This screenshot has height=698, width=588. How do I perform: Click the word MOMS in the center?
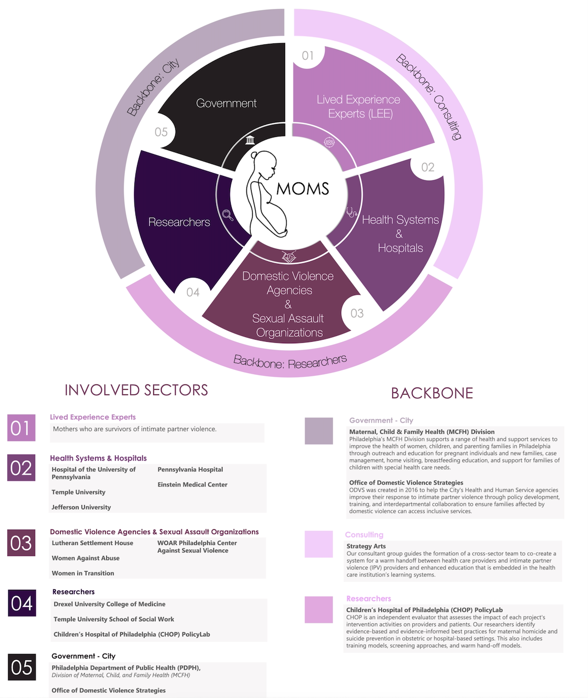pos(302,189)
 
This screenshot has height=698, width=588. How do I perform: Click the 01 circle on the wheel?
pos(308,56)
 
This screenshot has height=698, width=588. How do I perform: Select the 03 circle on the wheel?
pos(357,313)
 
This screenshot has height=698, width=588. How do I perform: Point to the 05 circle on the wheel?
pos(161,132)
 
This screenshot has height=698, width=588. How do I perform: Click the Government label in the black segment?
pos(226,103)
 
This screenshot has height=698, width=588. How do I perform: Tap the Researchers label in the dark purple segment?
pos(179,222)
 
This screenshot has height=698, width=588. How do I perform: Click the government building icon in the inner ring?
pos(250,140)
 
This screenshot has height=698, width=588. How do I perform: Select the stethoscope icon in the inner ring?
pos(352,212)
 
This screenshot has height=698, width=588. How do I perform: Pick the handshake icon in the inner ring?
pos(289,257)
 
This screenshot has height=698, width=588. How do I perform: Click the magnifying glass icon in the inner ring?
pos(228,215)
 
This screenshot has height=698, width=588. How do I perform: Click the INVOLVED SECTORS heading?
pos(136,390)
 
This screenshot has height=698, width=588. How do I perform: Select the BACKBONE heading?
pos(432,393)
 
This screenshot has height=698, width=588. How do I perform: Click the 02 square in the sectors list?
pos(21,468)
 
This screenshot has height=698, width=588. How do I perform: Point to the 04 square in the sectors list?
pos(22,603)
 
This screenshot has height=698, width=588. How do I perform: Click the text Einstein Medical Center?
pos(192,485)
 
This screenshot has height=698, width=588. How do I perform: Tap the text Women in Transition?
pos(83,573)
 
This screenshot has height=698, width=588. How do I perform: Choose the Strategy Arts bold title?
pos(366,546)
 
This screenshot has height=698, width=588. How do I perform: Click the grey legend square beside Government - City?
pos(319,431)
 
